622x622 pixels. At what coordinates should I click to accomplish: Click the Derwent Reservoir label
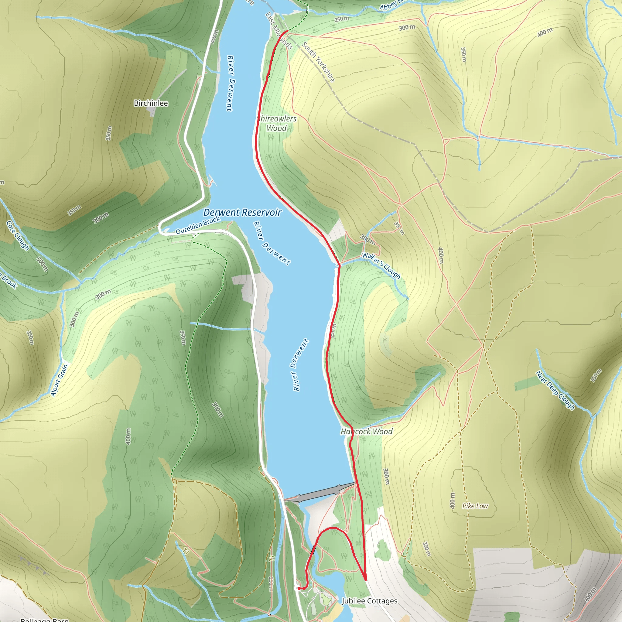(x=242, y=213)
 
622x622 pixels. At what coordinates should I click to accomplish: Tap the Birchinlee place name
(x=151, y=103)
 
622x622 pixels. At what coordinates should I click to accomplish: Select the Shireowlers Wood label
(x=277, y=123)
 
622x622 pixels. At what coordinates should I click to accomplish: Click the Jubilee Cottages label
(x=369, y=601)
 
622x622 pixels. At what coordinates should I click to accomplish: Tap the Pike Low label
(x=475, y=506)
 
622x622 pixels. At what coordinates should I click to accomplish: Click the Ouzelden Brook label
(x=198, y=225)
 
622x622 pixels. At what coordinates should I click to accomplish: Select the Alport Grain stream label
(x=60, y=380)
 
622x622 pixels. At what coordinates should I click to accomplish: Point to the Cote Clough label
(x=18, y=236)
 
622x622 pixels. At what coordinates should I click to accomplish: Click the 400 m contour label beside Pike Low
(x=453, y=501)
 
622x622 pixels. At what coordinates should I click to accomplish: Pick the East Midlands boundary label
(x=279, y=31)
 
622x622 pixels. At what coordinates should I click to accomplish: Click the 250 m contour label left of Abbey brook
(x=342, y=19)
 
